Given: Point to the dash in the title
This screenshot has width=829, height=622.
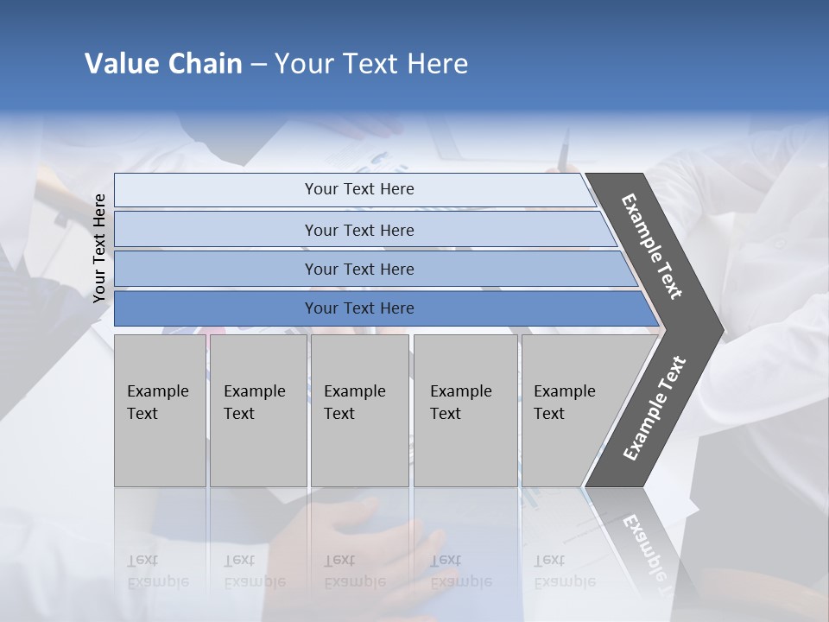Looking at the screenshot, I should click(258, 65).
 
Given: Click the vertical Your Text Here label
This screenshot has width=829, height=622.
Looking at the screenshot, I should click(99, 248).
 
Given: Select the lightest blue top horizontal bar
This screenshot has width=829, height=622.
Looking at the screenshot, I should click(358, 189).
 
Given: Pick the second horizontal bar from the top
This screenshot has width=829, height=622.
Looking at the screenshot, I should click(358, 230).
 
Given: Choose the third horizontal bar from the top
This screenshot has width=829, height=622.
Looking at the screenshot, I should click(358, 269).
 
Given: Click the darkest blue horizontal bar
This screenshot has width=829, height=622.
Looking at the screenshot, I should click(358, 308).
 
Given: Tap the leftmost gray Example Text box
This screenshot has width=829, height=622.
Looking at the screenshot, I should click(160, 410).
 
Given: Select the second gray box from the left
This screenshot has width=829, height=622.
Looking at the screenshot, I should click(257, 410).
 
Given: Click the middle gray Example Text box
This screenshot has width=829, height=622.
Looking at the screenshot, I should click(359, 410).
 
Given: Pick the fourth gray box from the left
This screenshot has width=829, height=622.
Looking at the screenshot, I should click(465, 410).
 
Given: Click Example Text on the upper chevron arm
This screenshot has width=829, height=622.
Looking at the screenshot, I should click(653, 246).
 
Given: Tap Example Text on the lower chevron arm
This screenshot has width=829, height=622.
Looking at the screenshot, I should click(655, 408).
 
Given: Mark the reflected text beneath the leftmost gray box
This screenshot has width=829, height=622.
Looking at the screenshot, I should click(157, 571).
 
